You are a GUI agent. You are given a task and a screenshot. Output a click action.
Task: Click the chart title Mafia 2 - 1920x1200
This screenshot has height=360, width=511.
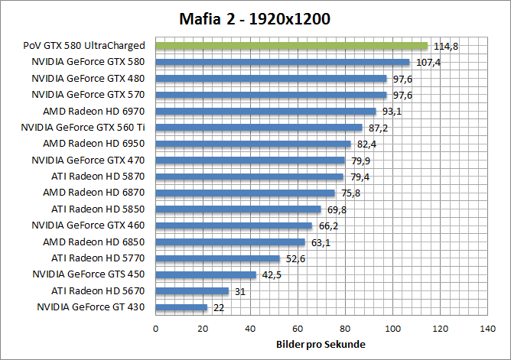point(255,19)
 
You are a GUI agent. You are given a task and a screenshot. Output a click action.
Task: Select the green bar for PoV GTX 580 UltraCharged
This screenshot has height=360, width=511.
point(291,46)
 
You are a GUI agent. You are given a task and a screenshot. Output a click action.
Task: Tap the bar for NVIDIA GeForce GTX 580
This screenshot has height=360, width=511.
point(283,62)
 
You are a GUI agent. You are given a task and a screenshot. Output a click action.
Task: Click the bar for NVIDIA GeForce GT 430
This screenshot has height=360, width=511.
point(182,307)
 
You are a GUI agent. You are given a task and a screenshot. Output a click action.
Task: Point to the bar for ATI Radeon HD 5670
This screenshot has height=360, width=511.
point(193,291)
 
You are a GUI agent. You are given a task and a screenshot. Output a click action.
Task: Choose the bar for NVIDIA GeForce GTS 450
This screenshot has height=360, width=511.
point(207,274)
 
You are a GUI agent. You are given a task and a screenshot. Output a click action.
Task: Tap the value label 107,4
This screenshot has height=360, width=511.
point(427,62)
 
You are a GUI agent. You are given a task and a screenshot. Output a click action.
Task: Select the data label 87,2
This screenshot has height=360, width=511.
point(378,128)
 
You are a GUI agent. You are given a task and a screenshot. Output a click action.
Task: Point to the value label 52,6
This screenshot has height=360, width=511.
point(296,258)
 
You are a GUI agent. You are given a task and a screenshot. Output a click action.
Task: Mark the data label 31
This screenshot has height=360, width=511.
point(240,291)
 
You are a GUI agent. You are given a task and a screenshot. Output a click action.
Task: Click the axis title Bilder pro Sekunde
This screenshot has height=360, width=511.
point(321,345)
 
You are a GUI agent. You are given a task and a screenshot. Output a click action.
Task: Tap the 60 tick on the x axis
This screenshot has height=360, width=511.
point(298,329)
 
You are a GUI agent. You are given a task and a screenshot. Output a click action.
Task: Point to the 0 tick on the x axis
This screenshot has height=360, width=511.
point(156,329)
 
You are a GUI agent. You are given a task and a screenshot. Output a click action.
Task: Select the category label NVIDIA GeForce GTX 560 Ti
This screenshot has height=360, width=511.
point(83,128)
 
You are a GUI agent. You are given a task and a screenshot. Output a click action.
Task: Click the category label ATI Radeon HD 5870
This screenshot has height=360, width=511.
point(98,177)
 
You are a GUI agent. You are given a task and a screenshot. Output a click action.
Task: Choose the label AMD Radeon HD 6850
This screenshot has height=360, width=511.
point(94,242)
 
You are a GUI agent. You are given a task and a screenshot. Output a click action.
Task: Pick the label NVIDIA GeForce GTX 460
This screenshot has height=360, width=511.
point(88,225)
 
